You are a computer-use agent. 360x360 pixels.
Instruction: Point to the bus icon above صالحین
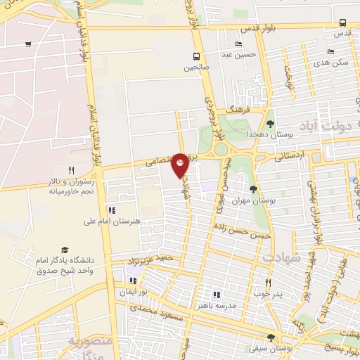tap(197, 56)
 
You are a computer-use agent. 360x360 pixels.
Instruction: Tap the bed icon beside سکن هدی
tap(330, 51)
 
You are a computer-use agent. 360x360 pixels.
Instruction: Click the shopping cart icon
tap(27, 44)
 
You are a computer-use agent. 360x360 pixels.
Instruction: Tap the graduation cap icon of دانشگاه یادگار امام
tap(65, 250)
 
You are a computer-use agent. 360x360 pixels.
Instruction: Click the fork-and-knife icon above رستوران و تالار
tap(71, 170)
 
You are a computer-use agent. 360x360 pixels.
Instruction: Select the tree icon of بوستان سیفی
tap(271, 338)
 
